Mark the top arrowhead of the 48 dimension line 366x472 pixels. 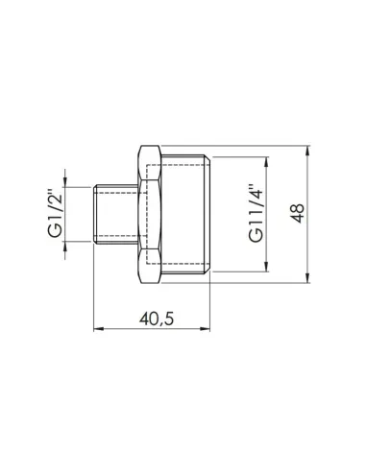[x=309, y=150]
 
